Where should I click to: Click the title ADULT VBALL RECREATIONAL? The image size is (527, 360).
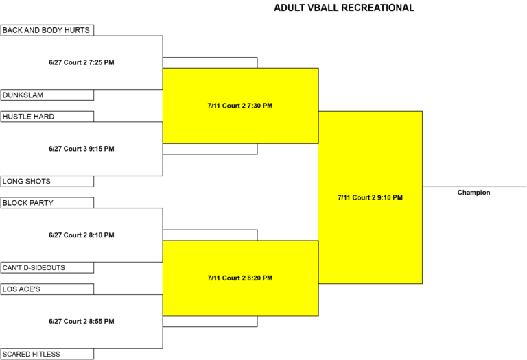[344, 8]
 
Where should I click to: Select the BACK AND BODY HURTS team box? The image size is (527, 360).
[47, 30]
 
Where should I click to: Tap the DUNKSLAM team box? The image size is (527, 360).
[47, 95]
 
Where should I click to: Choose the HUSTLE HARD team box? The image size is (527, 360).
[47, 117]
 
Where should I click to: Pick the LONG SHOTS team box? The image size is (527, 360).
[47, 181]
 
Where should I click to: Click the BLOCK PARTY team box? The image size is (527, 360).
[47, 203]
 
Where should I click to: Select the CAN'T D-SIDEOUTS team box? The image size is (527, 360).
[47, 267]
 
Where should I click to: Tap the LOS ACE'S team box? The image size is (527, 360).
[47, 289]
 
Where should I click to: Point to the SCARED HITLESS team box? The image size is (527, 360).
[47, 354]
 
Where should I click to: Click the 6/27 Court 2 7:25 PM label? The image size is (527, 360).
[82, 62]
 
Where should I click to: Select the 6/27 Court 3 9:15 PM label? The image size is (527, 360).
[82, 149]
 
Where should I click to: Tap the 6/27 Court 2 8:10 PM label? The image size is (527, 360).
[82, 235]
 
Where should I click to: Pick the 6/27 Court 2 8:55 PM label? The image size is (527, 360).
[82, 322]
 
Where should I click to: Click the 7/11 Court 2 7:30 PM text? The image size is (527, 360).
[240, 106]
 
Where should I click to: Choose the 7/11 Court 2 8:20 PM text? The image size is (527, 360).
[240, 278]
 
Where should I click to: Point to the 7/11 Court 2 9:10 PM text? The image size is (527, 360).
[370, 197]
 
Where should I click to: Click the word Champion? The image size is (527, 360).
[473, 193]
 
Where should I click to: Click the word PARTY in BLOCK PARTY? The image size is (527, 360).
[42, 203]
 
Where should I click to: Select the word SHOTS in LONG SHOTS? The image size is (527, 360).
[38, 181]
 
